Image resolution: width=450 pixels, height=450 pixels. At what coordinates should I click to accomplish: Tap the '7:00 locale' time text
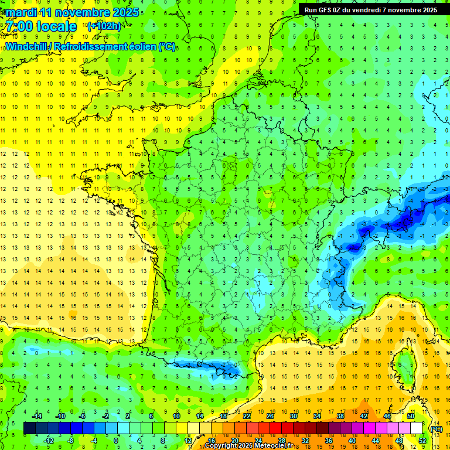tap(42, 26)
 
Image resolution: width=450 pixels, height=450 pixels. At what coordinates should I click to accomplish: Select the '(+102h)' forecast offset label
tap(104, 26)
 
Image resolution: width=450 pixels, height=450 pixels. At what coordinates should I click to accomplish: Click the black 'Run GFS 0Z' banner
tap(371, 9)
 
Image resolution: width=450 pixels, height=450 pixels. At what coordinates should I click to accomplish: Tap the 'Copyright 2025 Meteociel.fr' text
tap(248, 446)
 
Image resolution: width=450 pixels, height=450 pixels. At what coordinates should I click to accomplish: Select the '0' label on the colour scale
tap(115, 440)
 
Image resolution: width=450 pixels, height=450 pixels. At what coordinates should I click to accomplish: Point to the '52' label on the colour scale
tap(422, 440)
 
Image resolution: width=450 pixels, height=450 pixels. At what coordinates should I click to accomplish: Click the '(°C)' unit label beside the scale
tap(437, 428)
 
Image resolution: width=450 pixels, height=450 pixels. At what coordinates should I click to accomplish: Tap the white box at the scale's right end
tap(417, 428)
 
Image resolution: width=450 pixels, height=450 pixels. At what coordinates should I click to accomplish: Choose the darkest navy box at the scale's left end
tap(29, 428)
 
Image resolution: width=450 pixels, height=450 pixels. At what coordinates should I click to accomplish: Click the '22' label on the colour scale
tap(247, 416)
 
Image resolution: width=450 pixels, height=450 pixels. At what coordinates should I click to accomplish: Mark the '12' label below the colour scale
tap(188, 440)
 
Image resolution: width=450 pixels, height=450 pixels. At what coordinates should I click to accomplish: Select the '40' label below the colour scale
tap(352, 440)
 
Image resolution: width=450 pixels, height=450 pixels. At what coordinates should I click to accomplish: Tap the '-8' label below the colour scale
tap(70, 440)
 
